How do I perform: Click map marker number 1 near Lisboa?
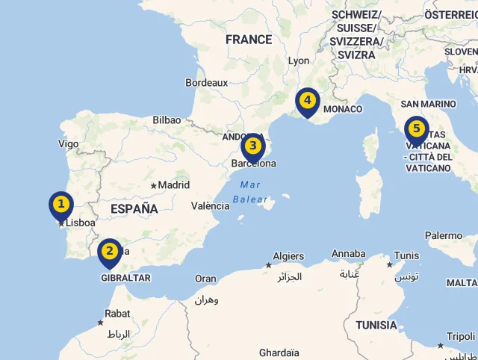click(61, 204)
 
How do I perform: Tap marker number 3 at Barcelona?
click(253, 146)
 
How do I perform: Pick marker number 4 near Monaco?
click(307, 100)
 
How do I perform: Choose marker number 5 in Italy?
click(416, 129)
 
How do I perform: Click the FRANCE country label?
click(249, 40)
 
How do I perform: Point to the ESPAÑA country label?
click(134, 209)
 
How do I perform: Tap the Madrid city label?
click(174, 184)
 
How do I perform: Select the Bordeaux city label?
click(207, 82)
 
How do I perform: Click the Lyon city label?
click(299, 60)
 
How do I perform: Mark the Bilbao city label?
click(167, 120)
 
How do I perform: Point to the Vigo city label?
click(68, 143)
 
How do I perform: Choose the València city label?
click(211, 205)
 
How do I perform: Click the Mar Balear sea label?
click(250, 192)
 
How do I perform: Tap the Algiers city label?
click(288, 256)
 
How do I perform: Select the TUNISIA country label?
click(376, 325)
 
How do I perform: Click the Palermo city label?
click(444, 236)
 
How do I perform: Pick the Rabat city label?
click(117, 314)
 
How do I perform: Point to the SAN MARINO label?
click(428, 104)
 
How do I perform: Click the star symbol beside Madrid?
click(153, 185)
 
